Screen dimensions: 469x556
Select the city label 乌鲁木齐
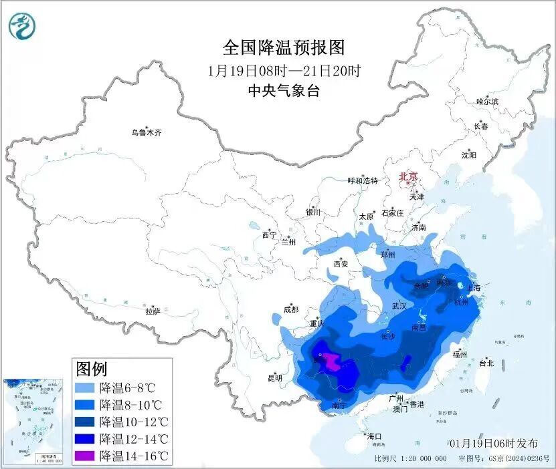pos(146,133)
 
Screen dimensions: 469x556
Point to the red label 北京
pos(408,176)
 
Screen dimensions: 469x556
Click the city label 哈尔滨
pos(487,102)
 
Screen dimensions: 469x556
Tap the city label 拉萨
pos(153,311)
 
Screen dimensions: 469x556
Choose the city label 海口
pos(375,436)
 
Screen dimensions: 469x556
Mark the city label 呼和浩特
pos(363,180)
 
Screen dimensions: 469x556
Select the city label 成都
pos(290,309)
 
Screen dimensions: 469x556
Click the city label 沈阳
pos(468,155)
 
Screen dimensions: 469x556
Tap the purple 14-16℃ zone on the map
pos(331,363)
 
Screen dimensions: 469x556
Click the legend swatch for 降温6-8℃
pos(84,387)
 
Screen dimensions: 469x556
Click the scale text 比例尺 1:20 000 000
pos(411,459)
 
